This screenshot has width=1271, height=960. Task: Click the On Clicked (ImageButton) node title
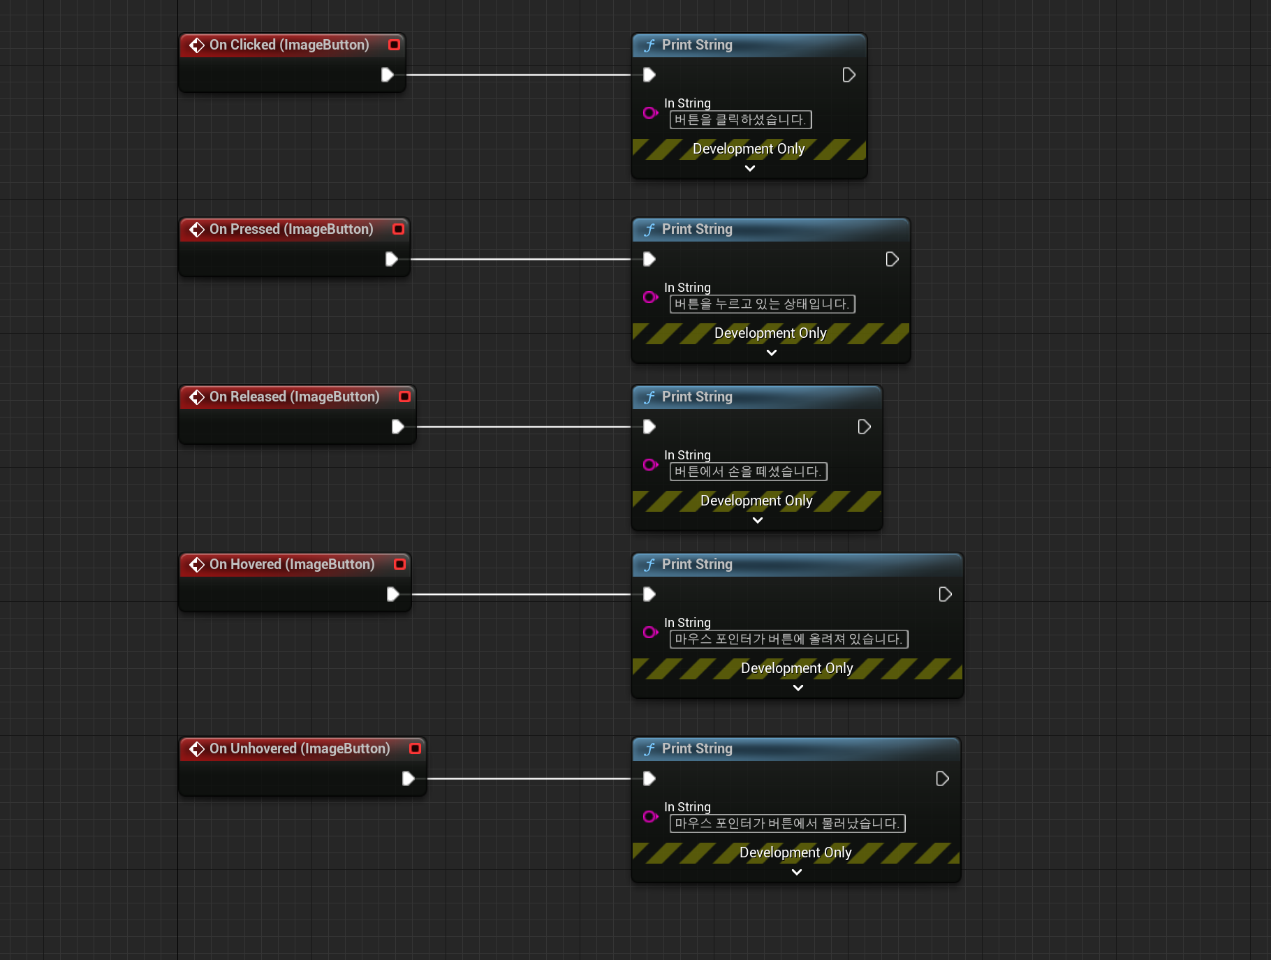(x=289, y=45)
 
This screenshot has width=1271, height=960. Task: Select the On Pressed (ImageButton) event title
(x=291, y=229)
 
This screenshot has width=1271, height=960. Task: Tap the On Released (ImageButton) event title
(x=294, y=397)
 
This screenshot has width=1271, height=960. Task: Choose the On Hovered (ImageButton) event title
(x=292, y=564)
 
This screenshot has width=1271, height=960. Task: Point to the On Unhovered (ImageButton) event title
(x=300, y=748)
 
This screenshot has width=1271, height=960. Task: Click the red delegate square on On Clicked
(x=394, y=45)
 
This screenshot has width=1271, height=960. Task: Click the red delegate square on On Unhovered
(x=415, y=748)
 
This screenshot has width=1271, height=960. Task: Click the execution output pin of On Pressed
(x=391, y=259)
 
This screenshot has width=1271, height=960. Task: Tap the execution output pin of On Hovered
(x=392, y=594)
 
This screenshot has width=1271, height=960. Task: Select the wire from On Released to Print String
(x=524, y=427)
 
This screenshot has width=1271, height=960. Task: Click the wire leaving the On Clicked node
(x=517, y=75)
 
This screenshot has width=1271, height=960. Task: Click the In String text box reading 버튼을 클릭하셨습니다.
(x=740, y=120)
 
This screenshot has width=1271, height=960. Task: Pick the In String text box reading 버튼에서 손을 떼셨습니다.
(x=748, y=472)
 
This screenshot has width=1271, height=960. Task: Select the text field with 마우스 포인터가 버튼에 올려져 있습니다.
(x=788, y=640)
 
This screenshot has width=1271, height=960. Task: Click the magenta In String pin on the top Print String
(x=650, y=112)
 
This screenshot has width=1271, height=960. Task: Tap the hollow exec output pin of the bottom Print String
(x=942, y=778)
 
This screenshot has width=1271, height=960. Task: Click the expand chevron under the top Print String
(x=750, y=168)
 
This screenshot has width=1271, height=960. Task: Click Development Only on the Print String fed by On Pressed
(x=770, y=333)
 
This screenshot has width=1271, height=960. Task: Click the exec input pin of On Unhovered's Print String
(x=649, y=778)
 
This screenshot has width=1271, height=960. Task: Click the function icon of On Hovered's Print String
(x=649, y=564)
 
